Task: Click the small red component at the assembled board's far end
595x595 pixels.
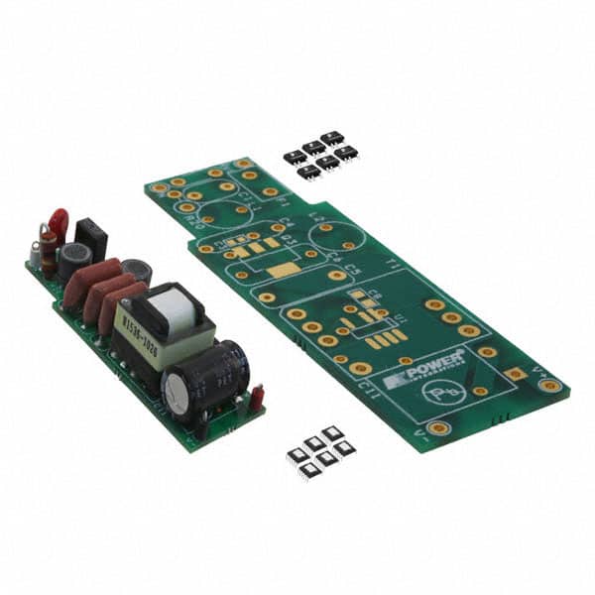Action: tap(256, 398)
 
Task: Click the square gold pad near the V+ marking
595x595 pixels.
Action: tap(515, 374)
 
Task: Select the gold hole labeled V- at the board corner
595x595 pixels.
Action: tap(437, 428)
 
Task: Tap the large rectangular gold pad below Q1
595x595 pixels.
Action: tap(285, 269)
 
